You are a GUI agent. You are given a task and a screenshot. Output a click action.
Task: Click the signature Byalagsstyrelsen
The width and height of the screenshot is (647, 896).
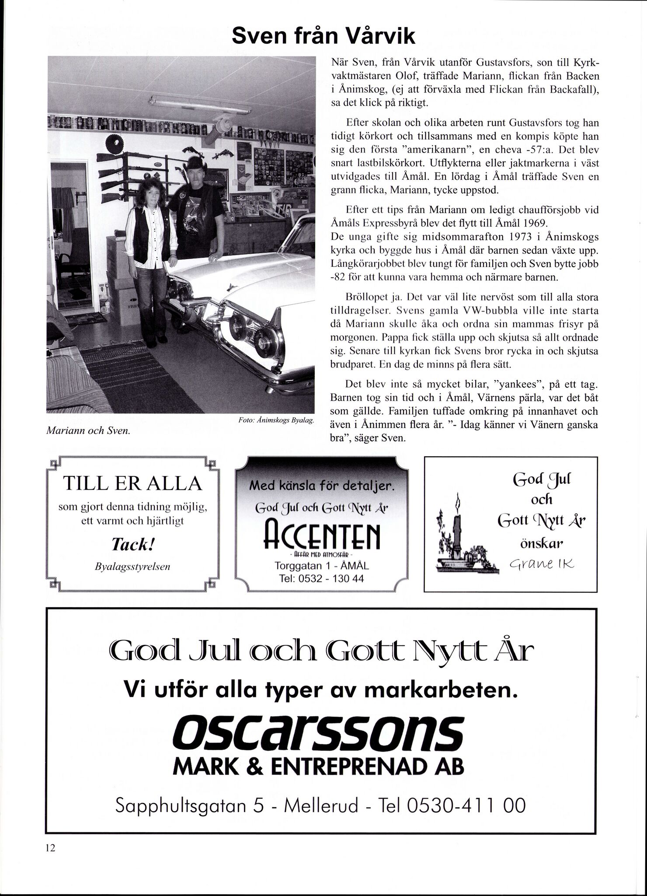132,567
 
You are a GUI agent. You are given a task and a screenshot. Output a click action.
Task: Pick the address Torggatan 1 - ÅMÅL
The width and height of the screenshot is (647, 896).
321,566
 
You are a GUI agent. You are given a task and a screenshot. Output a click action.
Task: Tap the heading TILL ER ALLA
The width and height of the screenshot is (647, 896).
132,484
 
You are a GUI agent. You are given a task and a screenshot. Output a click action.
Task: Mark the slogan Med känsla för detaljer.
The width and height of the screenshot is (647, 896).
321,486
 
